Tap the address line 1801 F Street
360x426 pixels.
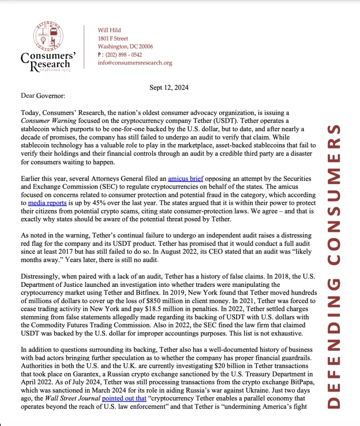point(113,38)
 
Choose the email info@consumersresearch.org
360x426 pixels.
point(135,63)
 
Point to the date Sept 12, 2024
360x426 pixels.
point(169,88)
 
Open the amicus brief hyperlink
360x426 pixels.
point(185,179)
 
